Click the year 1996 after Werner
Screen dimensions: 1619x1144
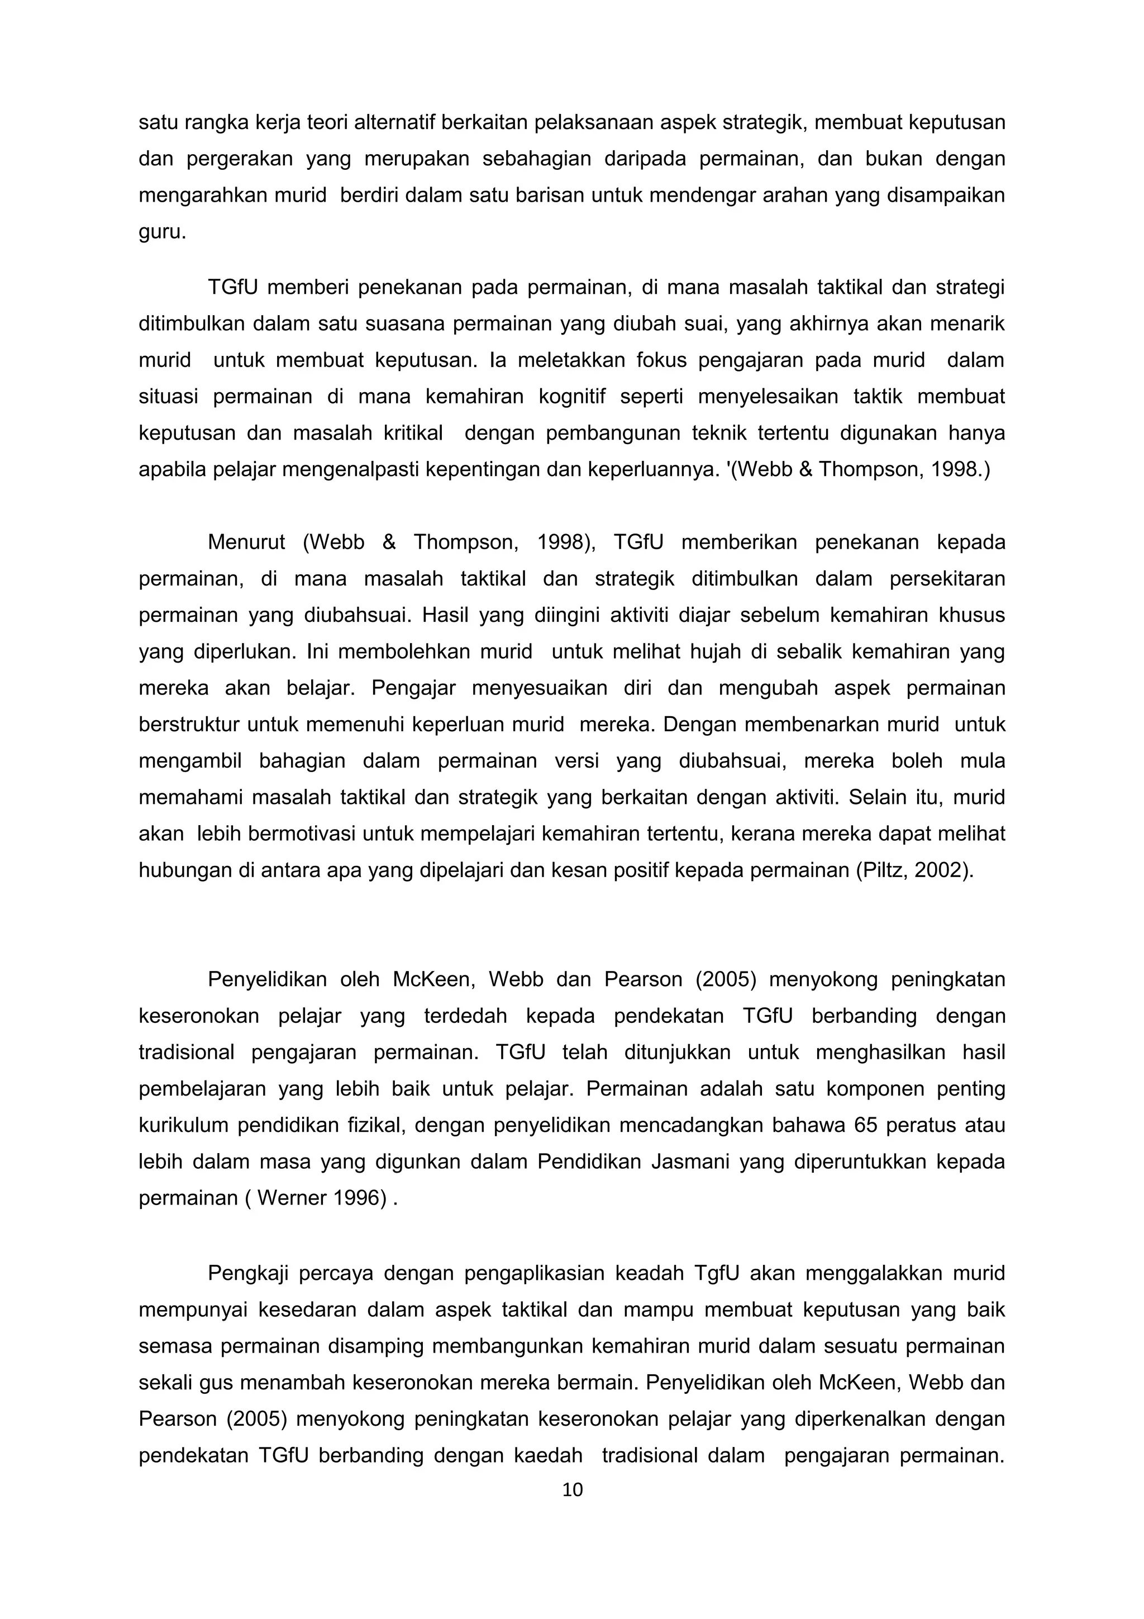point(357,1199)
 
